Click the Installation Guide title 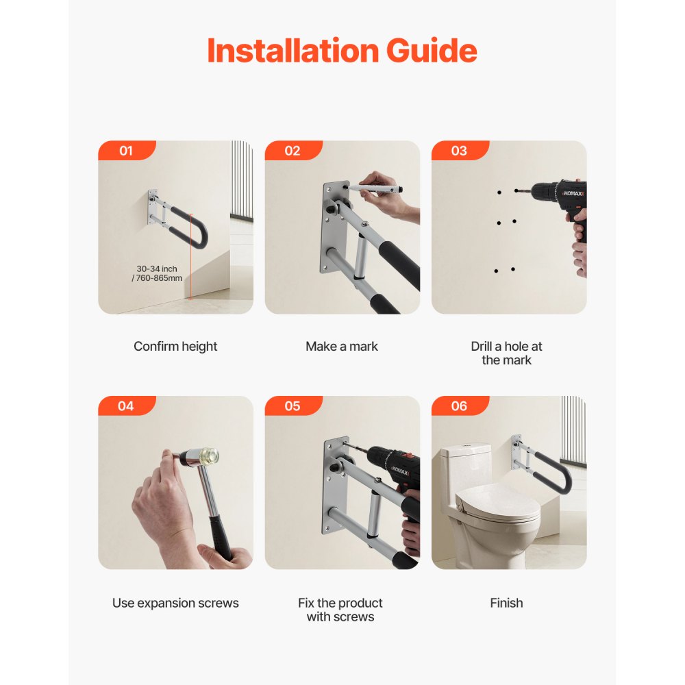[x=342, y=51]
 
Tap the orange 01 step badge [x=126, y=151]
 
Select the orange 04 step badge [x=126, y=406]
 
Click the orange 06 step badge [x=459, y=406]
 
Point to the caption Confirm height [x=175, y=347]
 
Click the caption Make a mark [x=342, y=347]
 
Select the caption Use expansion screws [x=175, y=603]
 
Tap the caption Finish [x=506, y=603]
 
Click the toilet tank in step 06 [x=465, y=466]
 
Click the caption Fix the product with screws [x=340, y=610]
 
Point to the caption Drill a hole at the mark [x=506, y=353]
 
